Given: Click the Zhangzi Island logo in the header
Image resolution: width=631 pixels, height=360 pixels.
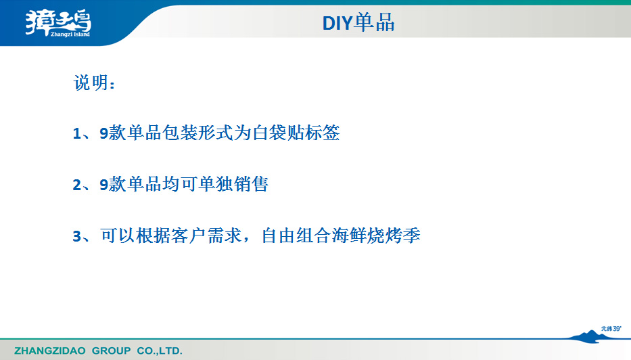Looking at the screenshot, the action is tap(58, 23).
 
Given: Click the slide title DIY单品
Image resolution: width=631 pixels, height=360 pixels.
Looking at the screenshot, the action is tap(358, 22).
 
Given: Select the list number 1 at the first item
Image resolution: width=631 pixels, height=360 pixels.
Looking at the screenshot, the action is tap(77, 134).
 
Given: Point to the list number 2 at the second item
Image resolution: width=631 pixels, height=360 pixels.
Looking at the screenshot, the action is tap(77, 185).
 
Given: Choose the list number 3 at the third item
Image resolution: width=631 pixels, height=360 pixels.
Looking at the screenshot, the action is tap(77, 236).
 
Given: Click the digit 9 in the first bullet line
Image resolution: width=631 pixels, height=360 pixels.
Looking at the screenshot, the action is tap(104, 133).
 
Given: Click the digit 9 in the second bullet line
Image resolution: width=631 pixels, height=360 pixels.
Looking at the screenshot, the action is tap(104, 185).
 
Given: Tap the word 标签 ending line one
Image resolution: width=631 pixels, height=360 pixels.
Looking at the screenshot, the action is tap(323, 133).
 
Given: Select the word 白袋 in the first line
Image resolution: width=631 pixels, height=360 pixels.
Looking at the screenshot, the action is tap(269, 133).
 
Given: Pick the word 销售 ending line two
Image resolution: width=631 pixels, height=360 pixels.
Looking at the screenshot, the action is tap(251, 185).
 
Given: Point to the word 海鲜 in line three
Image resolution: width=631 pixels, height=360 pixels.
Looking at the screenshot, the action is tap(350, 235).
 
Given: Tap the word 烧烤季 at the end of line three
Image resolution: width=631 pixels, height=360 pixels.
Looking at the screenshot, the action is tap(394, 235).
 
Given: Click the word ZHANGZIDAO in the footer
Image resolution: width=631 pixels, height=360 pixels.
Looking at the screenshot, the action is tap(50, 351).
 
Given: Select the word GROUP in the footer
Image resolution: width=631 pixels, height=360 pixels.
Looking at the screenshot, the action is tap(112, 351).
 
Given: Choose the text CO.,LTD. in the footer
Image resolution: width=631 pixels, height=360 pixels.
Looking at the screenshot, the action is tap(160, 351).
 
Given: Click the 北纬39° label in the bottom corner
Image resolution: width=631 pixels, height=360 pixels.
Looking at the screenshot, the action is tap(611, 329).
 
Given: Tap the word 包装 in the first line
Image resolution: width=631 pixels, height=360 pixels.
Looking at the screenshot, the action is tap(180, 133).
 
